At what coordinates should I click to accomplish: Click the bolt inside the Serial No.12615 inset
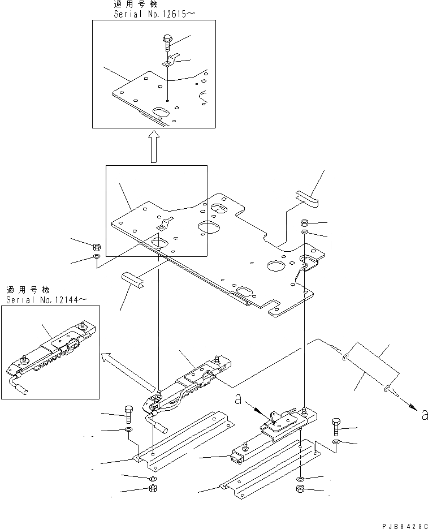(168, 40)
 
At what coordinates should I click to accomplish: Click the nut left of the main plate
(96, 246)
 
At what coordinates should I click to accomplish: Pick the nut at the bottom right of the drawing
(300, 489)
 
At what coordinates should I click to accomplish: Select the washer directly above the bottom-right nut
(300, 478)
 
